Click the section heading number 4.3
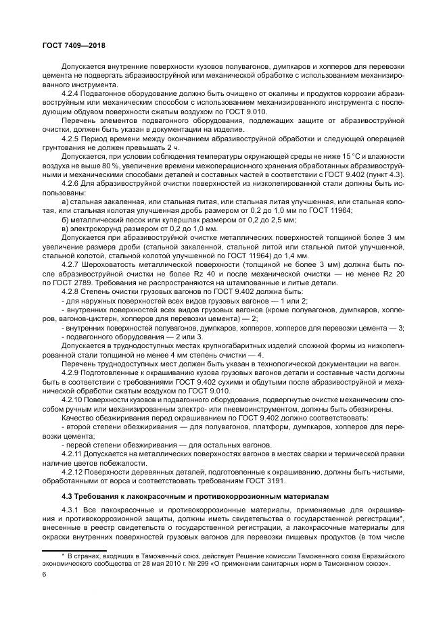(x=67, y=497)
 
